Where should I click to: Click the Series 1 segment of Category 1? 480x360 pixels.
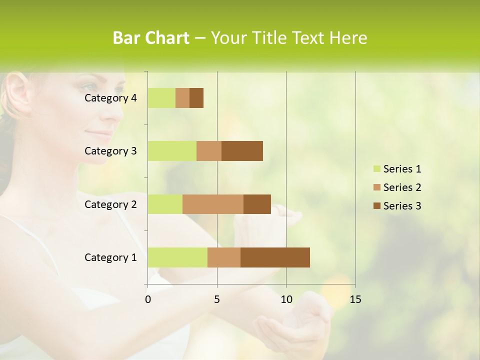tap(177, 257)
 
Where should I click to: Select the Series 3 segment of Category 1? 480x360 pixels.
tap(275, 257)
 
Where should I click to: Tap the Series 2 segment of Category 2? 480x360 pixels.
tap(213, 204)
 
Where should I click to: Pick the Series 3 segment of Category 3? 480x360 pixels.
tap(242, 151)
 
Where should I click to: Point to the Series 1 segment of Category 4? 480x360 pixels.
tap(161, 98)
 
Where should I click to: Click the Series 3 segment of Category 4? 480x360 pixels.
tap(196, 98)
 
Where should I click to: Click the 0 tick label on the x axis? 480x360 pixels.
tap(148, 299)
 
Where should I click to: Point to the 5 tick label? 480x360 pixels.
tap(217, 299)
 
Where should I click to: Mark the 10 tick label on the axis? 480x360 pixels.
tap(286, 299)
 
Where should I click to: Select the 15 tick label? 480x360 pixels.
tap(355, 299)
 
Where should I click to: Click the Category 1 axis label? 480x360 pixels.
tap(110, 257)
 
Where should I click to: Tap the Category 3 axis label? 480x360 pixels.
tap(110, 151)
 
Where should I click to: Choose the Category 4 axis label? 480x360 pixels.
tap(110, 98)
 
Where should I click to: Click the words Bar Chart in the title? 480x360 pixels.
tap(151, 38)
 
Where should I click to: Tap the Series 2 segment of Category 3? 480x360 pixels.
tap(209, 151)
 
